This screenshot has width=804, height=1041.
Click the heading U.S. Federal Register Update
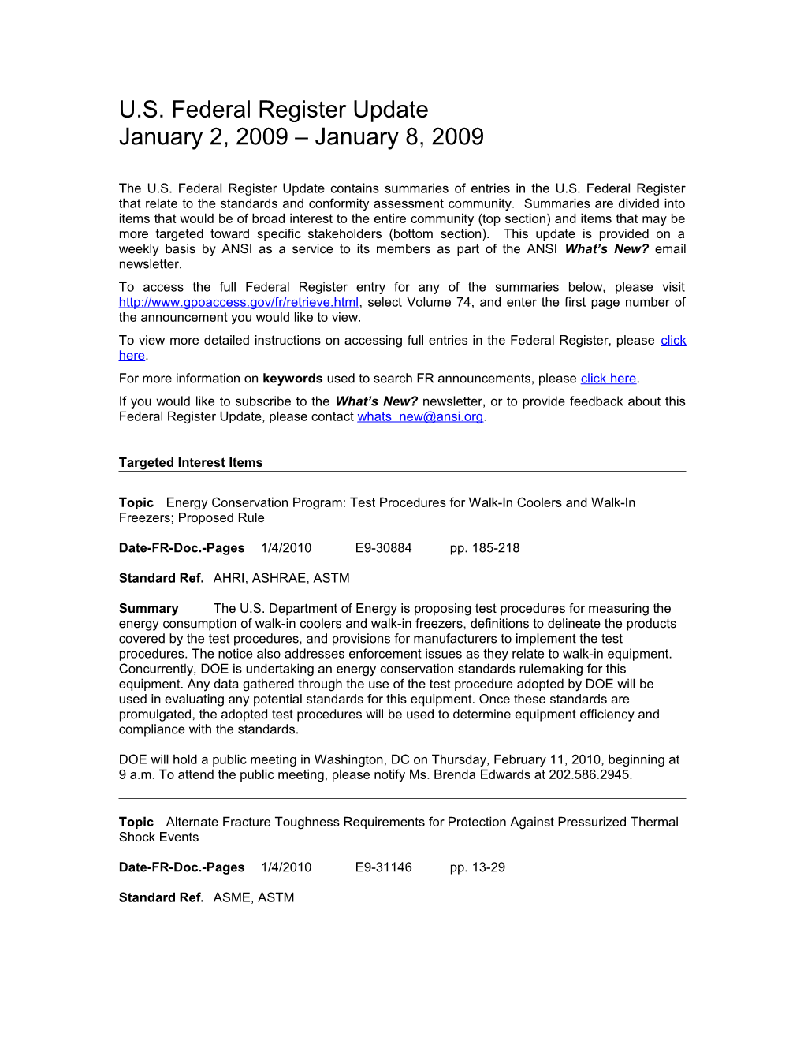pyautogui.click(x=274, y=110)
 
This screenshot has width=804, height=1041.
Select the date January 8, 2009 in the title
pyautogui.click(x=399, y=137)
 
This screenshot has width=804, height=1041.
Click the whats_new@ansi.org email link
pyautogui.click(x=419, y=417)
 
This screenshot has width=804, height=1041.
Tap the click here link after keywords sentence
pyautogui.click(x=608, y=379)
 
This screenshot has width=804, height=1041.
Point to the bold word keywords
pyautogui.click(x=292, y=379)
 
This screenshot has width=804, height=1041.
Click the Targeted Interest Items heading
pyautogui.click(x=191, y=463)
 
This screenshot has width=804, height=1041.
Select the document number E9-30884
pyautogui.click(x=383, y=548)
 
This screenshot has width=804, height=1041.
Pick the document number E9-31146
pyautogui.click(x=383, y=868)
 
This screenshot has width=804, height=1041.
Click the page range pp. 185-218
pyautogui.click(x=484, y=548)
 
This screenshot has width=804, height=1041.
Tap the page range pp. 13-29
pyautogui.click(x=477, y=868)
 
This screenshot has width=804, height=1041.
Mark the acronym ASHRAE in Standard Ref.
pyautogui.click(x=279, y=578)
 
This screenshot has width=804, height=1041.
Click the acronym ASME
pyautogui.click(x=231, y=897)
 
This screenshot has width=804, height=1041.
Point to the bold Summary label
pyautogui.click(x=148, y=609)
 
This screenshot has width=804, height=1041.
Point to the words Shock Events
pyautogui.click(x=158, y=838)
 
